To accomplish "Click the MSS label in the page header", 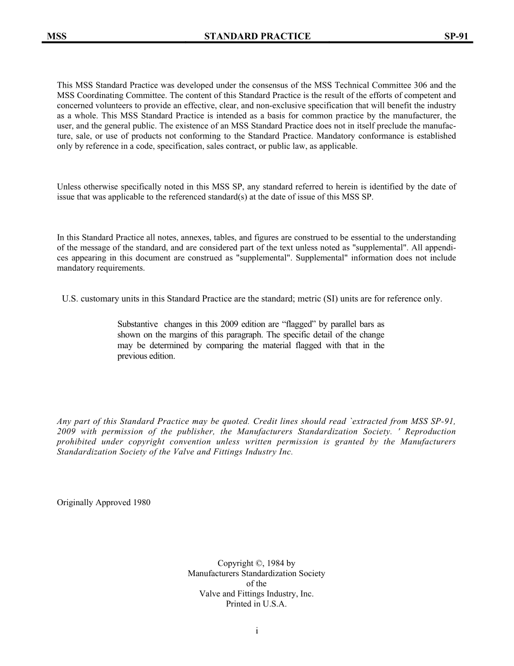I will coord(57,36).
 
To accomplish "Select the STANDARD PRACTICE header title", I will coord(258,36).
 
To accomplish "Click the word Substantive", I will coord(138,324).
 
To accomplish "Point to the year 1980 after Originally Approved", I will coord(141,502).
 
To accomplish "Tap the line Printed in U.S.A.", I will coord(256,604).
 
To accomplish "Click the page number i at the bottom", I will coord(257,630).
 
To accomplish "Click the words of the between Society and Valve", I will coord(256,584).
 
